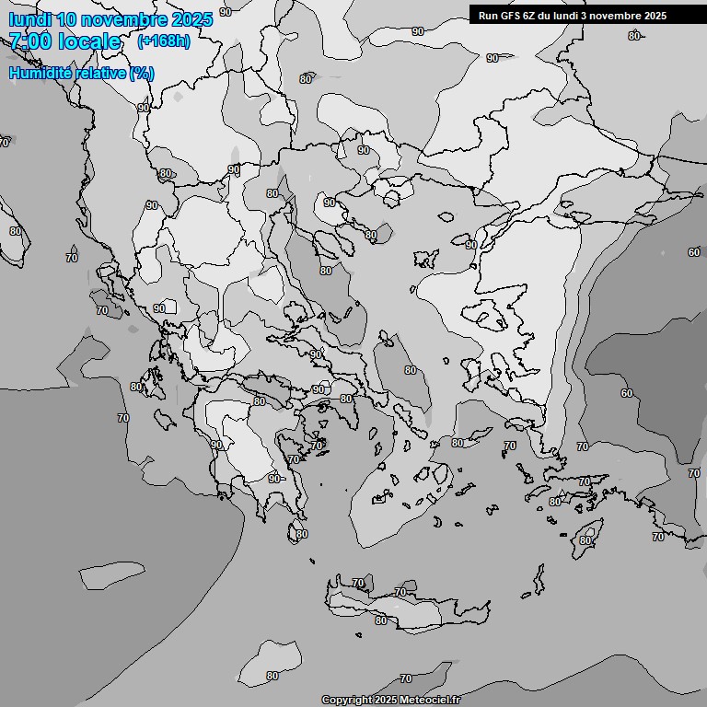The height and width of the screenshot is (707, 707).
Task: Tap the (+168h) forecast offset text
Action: [x=163, y=41]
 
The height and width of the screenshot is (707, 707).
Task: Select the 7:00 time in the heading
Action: [x=29, y=41]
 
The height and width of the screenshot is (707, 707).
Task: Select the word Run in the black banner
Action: [x=487, y=16]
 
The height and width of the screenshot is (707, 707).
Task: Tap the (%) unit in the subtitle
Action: [x=142, y=74]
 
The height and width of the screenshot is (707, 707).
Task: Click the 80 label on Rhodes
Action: [x=585, y=540]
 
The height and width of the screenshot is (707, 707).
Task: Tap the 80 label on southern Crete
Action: [x=381, y=620]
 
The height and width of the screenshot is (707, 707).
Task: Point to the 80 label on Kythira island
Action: [x=302, y=534]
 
